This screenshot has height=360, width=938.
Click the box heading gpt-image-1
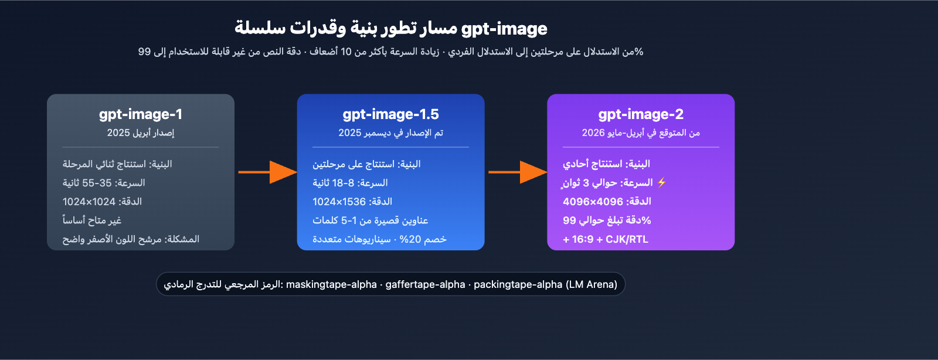(141, 114)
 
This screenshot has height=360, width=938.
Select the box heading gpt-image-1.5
(390, 114)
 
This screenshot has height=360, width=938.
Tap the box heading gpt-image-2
(641, 114)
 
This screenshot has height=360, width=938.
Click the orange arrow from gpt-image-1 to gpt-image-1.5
(267, 172)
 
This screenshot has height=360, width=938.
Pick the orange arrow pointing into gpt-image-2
(518, 172)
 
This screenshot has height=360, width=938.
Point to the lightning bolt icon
(662, 182)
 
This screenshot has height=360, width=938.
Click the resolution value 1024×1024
(89, 202)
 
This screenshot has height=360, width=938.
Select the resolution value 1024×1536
(339, 202)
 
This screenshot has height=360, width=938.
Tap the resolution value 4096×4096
(593, 202)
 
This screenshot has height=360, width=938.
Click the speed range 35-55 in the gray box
(97, 183)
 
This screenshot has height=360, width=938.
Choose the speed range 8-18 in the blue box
(344, 183)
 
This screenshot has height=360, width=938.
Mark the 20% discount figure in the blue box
(410, 239)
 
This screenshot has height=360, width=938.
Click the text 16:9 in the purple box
(583, 239)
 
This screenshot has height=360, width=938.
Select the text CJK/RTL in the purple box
(627, 239)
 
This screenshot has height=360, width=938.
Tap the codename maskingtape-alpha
(331, 284)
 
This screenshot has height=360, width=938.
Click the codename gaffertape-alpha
(425, 284)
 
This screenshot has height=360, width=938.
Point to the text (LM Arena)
(592, 284)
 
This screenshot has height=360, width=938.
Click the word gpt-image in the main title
(504, 28)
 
